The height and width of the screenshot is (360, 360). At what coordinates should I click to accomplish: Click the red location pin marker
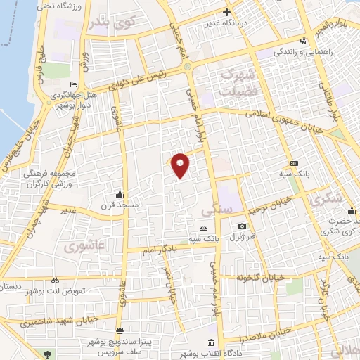click(181, 165)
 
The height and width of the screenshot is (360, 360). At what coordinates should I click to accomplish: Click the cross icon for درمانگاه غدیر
click(226, 12)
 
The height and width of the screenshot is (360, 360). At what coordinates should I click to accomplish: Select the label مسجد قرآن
click(120, 205)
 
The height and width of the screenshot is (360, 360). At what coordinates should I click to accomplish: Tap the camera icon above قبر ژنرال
click(242, 226)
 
